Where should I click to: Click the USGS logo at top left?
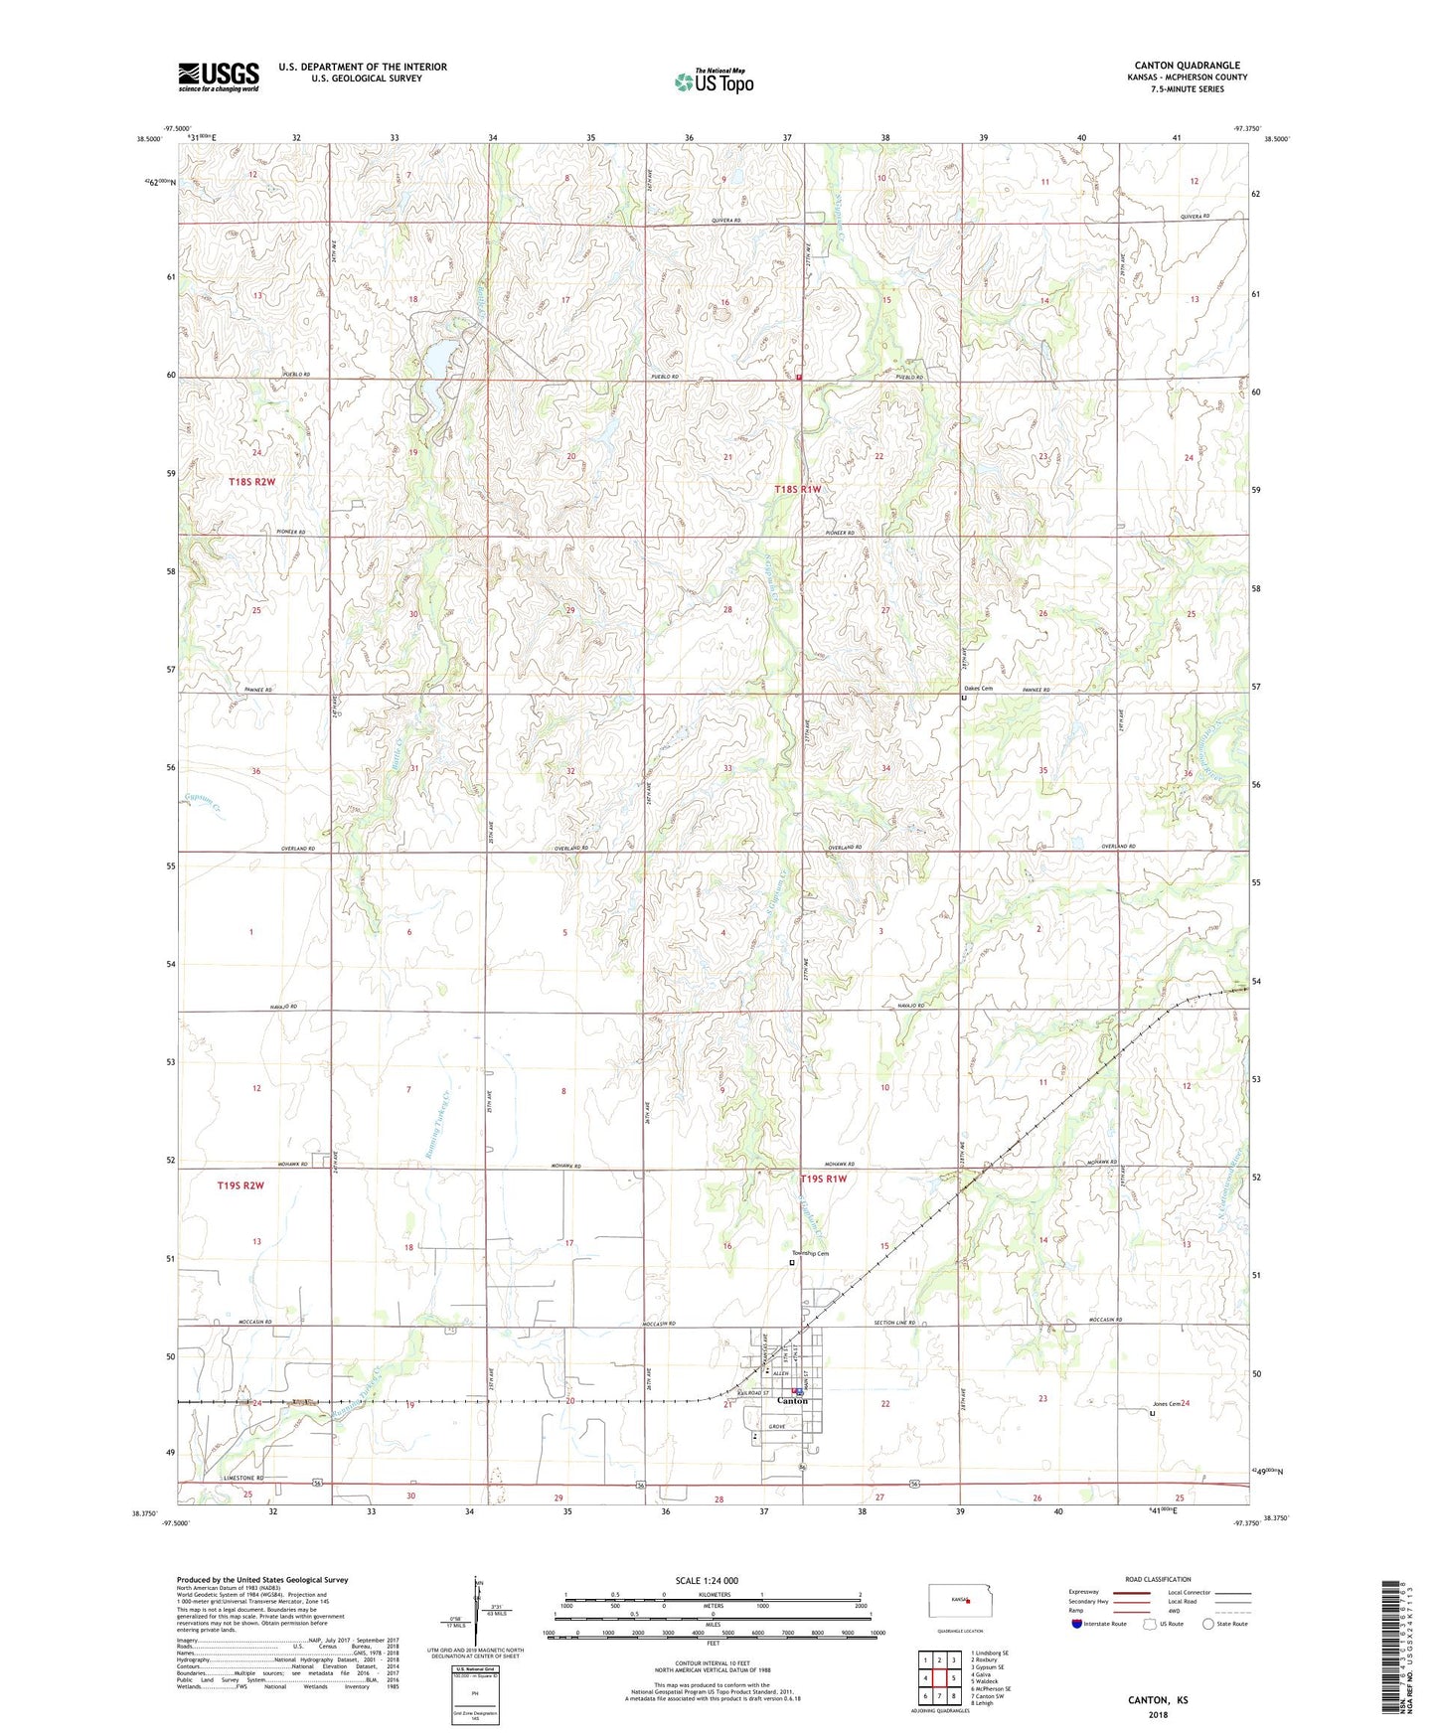coord(219,76)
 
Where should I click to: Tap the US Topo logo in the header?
coord(714,81)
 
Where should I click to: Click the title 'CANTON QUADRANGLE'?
coord(1187,66)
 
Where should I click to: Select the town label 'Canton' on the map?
coord(792,1401)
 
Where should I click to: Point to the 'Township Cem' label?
coord(810,1253)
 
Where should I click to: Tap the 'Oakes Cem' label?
coord(978,689)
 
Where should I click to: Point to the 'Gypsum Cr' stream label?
coord(203,802)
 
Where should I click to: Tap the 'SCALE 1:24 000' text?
coord(706,1580)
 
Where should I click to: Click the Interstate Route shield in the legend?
coord(1077,1624)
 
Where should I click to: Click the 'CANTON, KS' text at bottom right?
coord(1157,1699)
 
